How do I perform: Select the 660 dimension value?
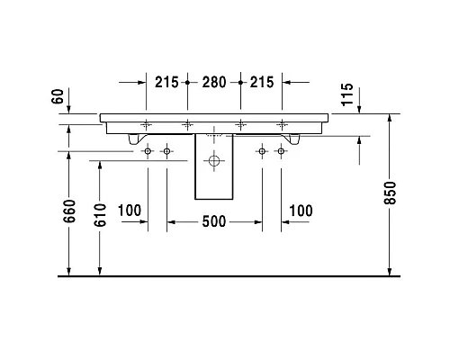point(70,212)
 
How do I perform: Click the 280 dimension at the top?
point(214,82)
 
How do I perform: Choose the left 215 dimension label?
point(166,82)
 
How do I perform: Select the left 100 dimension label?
point(130,211)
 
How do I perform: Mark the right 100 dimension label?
point(300,211)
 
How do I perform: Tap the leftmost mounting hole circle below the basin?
point(148,152)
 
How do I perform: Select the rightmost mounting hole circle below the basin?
point(280,152)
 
